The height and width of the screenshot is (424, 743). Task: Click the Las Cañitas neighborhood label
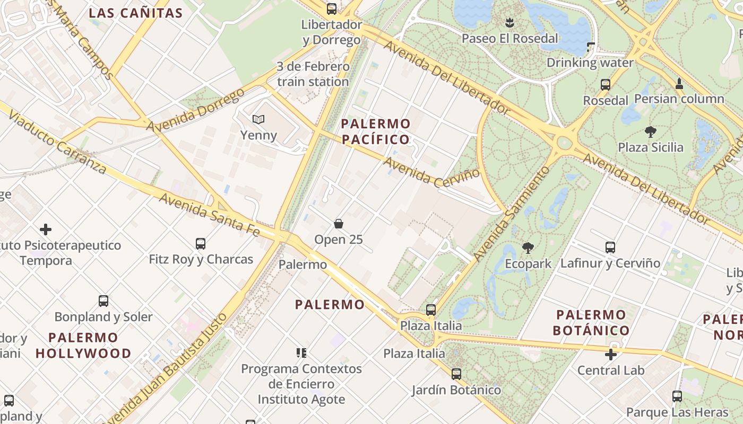[x=135, y=13]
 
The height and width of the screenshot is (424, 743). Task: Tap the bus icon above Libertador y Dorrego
[x=332, y=8]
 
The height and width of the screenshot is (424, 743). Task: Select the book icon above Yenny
[x=258, y=120]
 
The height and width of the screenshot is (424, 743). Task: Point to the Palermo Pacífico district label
[x=376, y=131]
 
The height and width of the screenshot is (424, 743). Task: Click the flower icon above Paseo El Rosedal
[x=509, y=23]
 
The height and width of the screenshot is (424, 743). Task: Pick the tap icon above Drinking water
[x=590, y=48]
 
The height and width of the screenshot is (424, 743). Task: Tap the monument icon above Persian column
[x=679, y=84]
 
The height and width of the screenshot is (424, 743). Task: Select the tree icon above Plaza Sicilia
[x=650, y=131]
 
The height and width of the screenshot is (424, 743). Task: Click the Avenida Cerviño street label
[x=432, y=172]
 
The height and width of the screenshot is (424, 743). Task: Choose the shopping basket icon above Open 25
[x=339, y=224]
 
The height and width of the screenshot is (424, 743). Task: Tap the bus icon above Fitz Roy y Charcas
[x=201, y=244]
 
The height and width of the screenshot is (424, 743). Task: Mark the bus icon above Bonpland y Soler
[x=103, y=301]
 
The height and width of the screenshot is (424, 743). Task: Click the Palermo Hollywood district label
[x=83, y=345]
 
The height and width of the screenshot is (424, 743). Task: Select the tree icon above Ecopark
[x=528, y=248]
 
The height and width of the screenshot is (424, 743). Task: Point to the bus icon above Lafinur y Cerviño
[x=610, y=247]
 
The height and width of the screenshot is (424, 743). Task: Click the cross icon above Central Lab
[x=611, y=355]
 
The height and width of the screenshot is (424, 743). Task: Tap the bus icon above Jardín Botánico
[x=456, y=374]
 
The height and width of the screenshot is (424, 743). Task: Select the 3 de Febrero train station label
[x=313, y=74]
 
